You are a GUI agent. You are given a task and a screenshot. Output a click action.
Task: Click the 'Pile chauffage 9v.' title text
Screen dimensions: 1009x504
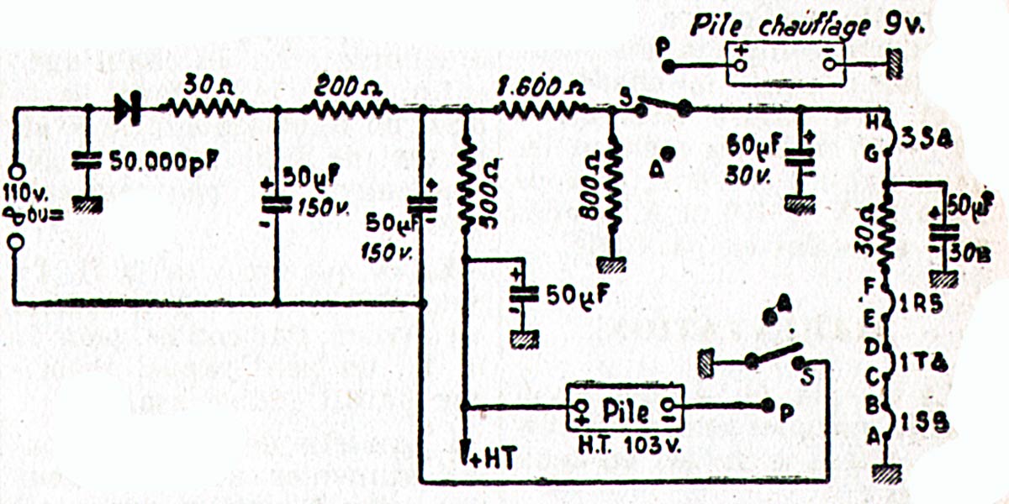[805, 25]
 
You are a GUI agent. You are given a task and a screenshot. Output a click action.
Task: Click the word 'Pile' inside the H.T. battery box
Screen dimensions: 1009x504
[625, 412]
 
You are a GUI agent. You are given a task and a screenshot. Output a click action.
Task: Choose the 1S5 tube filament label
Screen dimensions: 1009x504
[925, 425]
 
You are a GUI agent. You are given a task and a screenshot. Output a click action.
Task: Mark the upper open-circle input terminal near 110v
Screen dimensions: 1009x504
[14, 167]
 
